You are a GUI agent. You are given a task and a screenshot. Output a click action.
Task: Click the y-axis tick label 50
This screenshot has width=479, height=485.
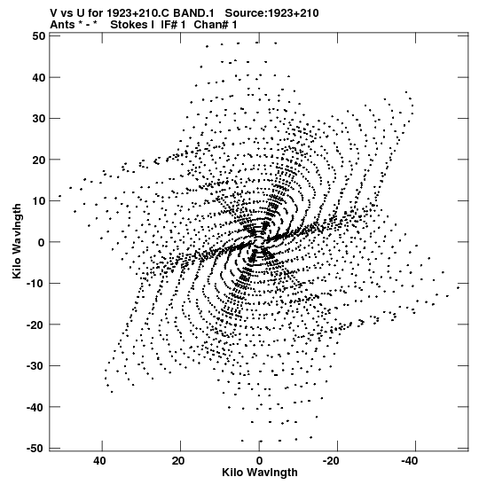(x=39, y=36)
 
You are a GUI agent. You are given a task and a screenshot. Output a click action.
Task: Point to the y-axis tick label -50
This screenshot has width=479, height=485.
(x=35, y=449)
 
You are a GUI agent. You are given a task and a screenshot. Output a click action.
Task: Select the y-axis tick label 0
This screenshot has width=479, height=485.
(x=42, y=242)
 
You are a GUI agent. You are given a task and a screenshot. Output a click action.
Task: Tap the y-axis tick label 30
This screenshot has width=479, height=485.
(x=39, y=119)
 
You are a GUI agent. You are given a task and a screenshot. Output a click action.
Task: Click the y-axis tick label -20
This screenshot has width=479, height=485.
(x=35, y=325)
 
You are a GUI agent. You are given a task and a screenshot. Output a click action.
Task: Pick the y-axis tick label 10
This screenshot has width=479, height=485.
(x=39, y=201)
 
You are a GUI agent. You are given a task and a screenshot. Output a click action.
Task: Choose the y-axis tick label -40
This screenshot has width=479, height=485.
(x=35, y=407)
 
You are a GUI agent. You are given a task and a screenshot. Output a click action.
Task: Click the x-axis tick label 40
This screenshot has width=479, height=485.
(x=99, y=461)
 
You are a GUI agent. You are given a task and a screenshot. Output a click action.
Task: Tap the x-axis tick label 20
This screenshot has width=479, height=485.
(x=178, y=461)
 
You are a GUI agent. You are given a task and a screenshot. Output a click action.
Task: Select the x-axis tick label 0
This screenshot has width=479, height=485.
(x=259, y=461)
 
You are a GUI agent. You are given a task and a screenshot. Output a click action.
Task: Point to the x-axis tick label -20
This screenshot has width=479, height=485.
(x=332, y=461)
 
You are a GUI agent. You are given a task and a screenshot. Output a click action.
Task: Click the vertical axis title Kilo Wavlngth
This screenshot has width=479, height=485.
(x=17, y=241)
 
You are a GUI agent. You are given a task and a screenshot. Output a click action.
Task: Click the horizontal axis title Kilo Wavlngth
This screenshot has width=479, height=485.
(x=260, y=473)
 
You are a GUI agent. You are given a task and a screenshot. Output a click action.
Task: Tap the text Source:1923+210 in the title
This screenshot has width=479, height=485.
(x=271, y=13)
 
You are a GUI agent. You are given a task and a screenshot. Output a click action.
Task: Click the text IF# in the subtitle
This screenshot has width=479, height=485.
(x=169, y=25)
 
